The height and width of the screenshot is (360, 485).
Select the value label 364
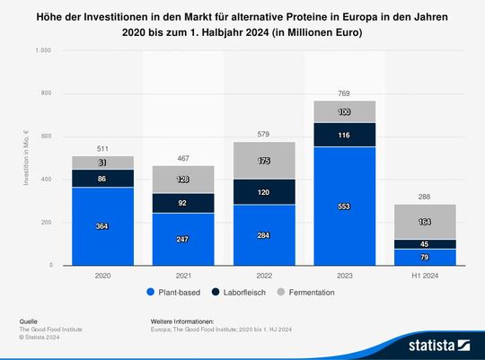tap(103, 227)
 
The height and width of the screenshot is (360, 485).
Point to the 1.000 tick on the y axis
tap(42, 50)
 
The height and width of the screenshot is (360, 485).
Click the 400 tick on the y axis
tap(45, 180)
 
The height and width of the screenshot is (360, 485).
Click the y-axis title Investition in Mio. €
tap(27, 158)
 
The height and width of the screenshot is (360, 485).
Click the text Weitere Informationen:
tap(183, 320)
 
